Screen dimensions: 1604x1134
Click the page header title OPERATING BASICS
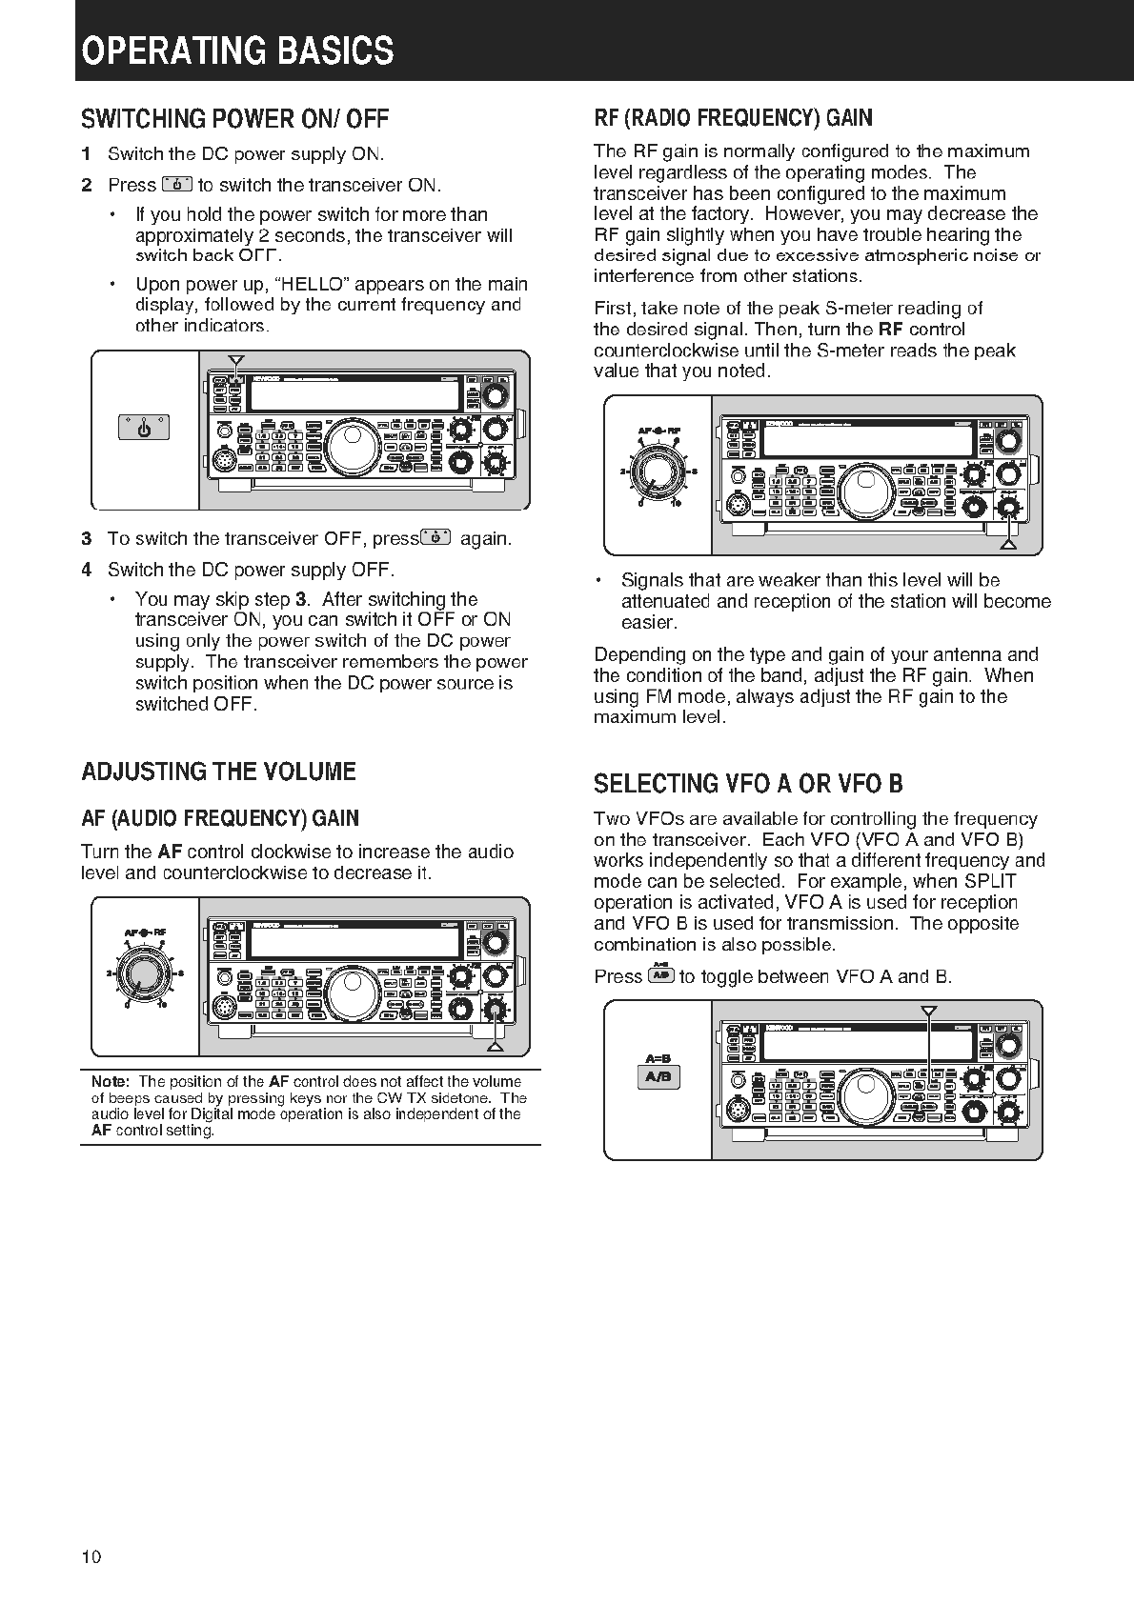(237, 50)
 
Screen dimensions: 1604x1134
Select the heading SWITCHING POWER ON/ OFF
(234, 119)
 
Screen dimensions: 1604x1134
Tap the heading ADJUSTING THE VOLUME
(218, 772)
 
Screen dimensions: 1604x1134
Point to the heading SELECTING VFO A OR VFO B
(748, 784)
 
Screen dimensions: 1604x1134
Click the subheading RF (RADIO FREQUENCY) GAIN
(732, 118)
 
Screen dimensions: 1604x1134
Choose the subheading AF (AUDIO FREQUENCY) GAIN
(220, 818)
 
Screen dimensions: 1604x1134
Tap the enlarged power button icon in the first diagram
(145, 429)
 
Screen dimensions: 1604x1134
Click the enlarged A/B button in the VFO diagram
(658, 1077)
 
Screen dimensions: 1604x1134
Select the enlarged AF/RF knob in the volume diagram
(146, 973)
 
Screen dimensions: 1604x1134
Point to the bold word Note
(110, 1082)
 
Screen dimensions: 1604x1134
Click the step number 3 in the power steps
(87, 539)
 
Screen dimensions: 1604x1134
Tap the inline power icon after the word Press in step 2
(177, 185)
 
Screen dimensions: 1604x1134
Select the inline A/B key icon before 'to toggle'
(660, 975)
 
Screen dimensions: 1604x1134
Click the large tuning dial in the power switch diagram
(350, 445)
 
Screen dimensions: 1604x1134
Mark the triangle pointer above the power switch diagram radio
(236, 360)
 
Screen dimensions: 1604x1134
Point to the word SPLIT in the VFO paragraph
(990, 881)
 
